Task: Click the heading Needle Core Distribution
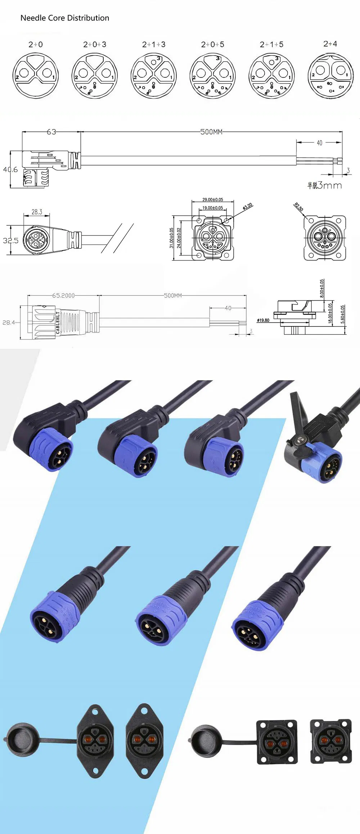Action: point(65,18)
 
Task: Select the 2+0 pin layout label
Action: point(36,44)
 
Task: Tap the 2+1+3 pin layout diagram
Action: point(154,76)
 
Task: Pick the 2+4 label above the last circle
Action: point(330,44)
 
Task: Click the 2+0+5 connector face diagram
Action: point(212,76)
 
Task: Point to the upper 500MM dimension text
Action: point(211,132)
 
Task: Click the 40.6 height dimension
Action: point(10,170)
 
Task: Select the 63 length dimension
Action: point(51,132)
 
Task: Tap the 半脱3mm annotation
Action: point(324,185)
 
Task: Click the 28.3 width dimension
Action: point(37,212)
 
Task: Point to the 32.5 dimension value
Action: point(10,240)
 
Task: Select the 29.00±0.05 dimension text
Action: point(212,199)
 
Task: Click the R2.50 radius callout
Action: point(299,207)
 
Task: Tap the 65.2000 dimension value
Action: point(63,296)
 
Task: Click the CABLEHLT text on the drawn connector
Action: point(58,323)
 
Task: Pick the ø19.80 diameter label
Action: point(263,320)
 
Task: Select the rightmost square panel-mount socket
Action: point(330,741)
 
